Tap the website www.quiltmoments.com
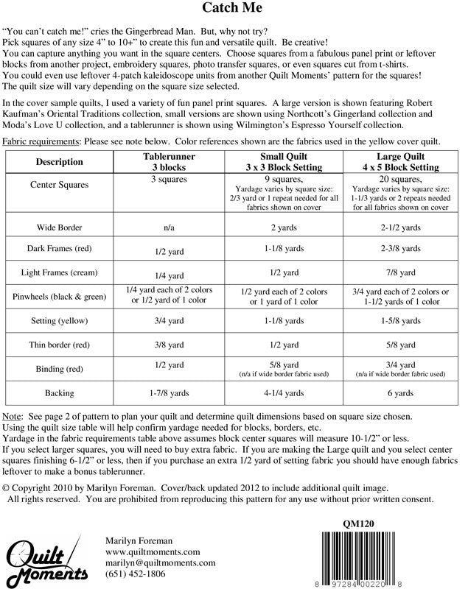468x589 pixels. pyautogui.click(x=153, y=551)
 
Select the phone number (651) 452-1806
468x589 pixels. pyautogui.click(x=136, y=574)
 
